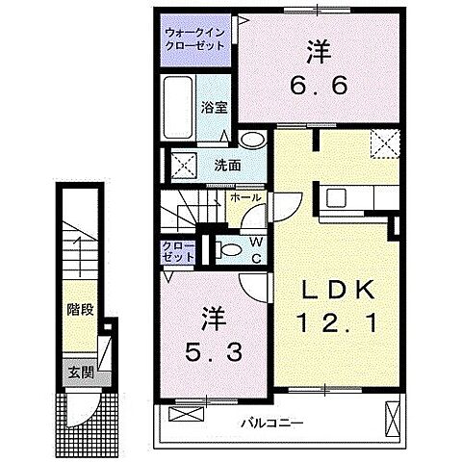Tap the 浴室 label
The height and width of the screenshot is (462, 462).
[214, 109]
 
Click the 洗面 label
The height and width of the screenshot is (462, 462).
[228, 165]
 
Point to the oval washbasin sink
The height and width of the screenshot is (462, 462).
[251, 141]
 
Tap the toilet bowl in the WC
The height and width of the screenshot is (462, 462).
[226, 250]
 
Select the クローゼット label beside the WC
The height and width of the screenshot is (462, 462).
[178, 252]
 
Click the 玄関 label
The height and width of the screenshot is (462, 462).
[78, 372]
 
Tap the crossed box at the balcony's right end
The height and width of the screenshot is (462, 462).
[392, 417]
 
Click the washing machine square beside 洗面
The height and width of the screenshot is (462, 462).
[185, 164]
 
